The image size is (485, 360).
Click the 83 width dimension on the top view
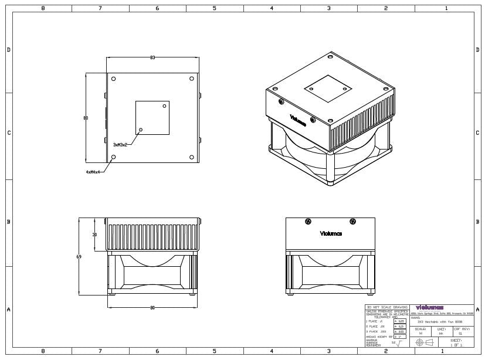point(152,58)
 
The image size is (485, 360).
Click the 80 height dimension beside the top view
point(86,118)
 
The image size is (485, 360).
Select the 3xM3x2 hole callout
point(120,144)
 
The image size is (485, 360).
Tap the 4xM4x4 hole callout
point(93,172)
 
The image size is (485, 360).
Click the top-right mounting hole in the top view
point(192,79)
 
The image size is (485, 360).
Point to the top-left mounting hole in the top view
point(114,79)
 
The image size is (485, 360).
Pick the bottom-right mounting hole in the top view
point(192,157)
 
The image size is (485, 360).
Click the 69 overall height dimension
point(79,256)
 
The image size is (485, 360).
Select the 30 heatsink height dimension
point(94,234)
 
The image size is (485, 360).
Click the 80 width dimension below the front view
point(152,307)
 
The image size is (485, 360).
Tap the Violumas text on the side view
point(331,234)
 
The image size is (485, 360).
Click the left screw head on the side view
point(308,221)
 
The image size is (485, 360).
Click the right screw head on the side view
point(352,221)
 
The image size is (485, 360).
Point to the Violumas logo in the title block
point(429,307)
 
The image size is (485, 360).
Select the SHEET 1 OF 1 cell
point(456,342)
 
